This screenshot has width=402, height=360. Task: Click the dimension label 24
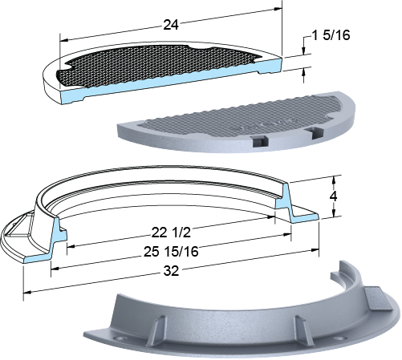pos(171,25)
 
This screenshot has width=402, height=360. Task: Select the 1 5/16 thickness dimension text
pos(331,35)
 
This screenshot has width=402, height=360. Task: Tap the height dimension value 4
pos(333,196)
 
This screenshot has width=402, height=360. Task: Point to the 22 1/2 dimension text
pos(171,233)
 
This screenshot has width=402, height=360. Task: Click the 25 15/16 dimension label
pos(171,252)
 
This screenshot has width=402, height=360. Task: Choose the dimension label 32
pos(171,271)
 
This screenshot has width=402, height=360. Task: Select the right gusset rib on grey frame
pos(303,330)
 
